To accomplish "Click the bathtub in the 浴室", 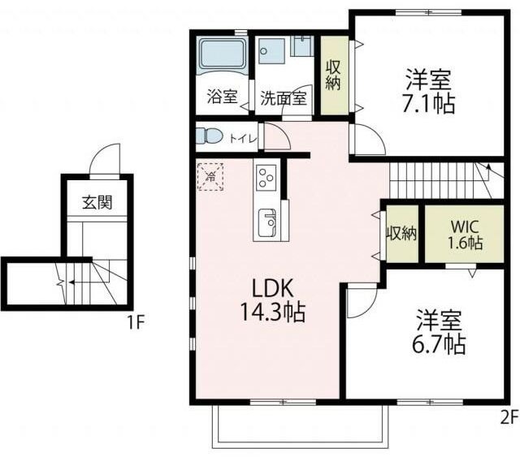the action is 222,54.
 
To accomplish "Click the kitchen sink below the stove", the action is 267,223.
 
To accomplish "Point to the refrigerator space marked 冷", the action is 210,177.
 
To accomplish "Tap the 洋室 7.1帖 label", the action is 428,91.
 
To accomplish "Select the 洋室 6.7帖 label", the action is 439,331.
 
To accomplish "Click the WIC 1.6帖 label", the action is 465,235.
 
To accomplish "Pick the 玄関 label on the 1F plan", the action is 97,202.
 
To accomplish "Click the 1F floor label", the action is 136,321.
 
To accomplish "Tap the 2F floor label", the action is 509,417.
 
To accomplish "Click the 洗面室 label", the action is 284,98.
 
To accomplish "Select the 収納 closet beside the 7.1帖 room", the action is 334,75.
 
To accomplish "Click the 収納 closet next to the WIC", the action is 402,234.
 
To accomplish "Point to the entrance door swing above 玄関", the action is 106,159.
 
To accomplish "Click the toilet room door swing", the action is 277,137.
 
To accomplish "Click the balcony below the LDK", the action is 300,426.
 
